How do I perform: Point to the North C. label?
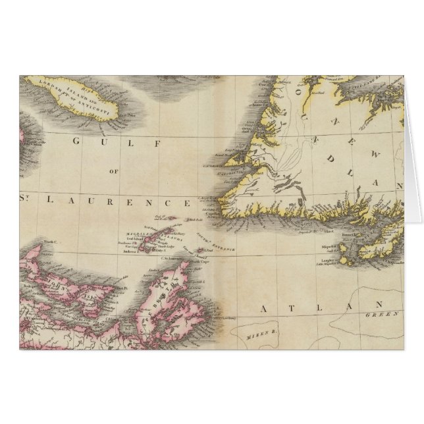tap(51, 242)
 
